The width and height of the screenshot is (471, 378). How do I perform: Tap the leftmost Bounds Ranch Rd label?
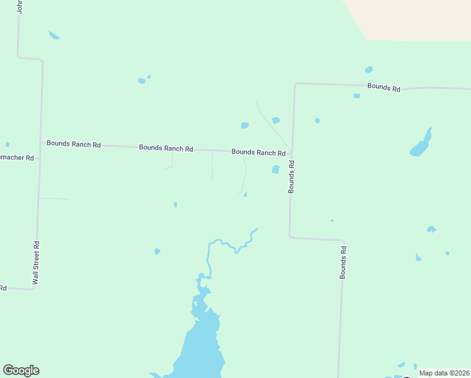[x=74, y=144]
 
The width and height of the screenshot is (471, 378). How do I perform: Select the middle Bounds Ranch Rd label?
[x=166, y=148]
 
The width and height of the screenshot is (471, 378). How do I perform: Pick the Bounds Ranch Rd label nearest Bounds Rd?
[x=258, y=152]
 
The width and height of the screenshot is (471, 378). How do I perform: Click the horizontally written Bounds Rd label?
[x=383, y=88]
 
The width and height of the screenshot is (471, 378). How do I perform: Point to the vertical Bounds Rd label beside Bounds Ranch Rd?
[x=292, y=176]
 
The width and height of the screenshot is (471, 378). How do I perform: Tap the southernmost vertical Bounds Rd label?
[x=343, y=263]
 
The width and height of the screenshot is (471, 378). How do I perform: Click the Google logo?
[x=21, y=370]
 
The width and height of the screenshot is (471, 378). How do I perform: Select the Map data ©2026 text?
[x=444, y=373]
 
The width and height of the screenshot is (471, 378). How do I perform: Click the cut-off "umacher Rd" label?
[x=17, y=157]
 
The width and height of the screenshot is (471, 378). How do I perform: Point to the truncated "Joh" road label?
[x=20, y=7]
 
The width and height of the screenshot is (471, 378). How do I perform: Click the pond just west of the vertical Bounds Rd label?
[x=275, y=169]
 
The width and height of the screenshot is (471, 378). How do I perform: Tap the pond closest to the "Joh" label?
[x=54, y=35]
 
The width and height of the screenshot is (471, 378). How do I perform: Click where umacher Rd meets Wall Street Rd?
[x=39, y=157]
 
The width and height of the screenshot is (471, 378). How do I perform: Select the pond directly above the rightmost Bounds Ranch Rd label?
[x=244, y=125]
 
